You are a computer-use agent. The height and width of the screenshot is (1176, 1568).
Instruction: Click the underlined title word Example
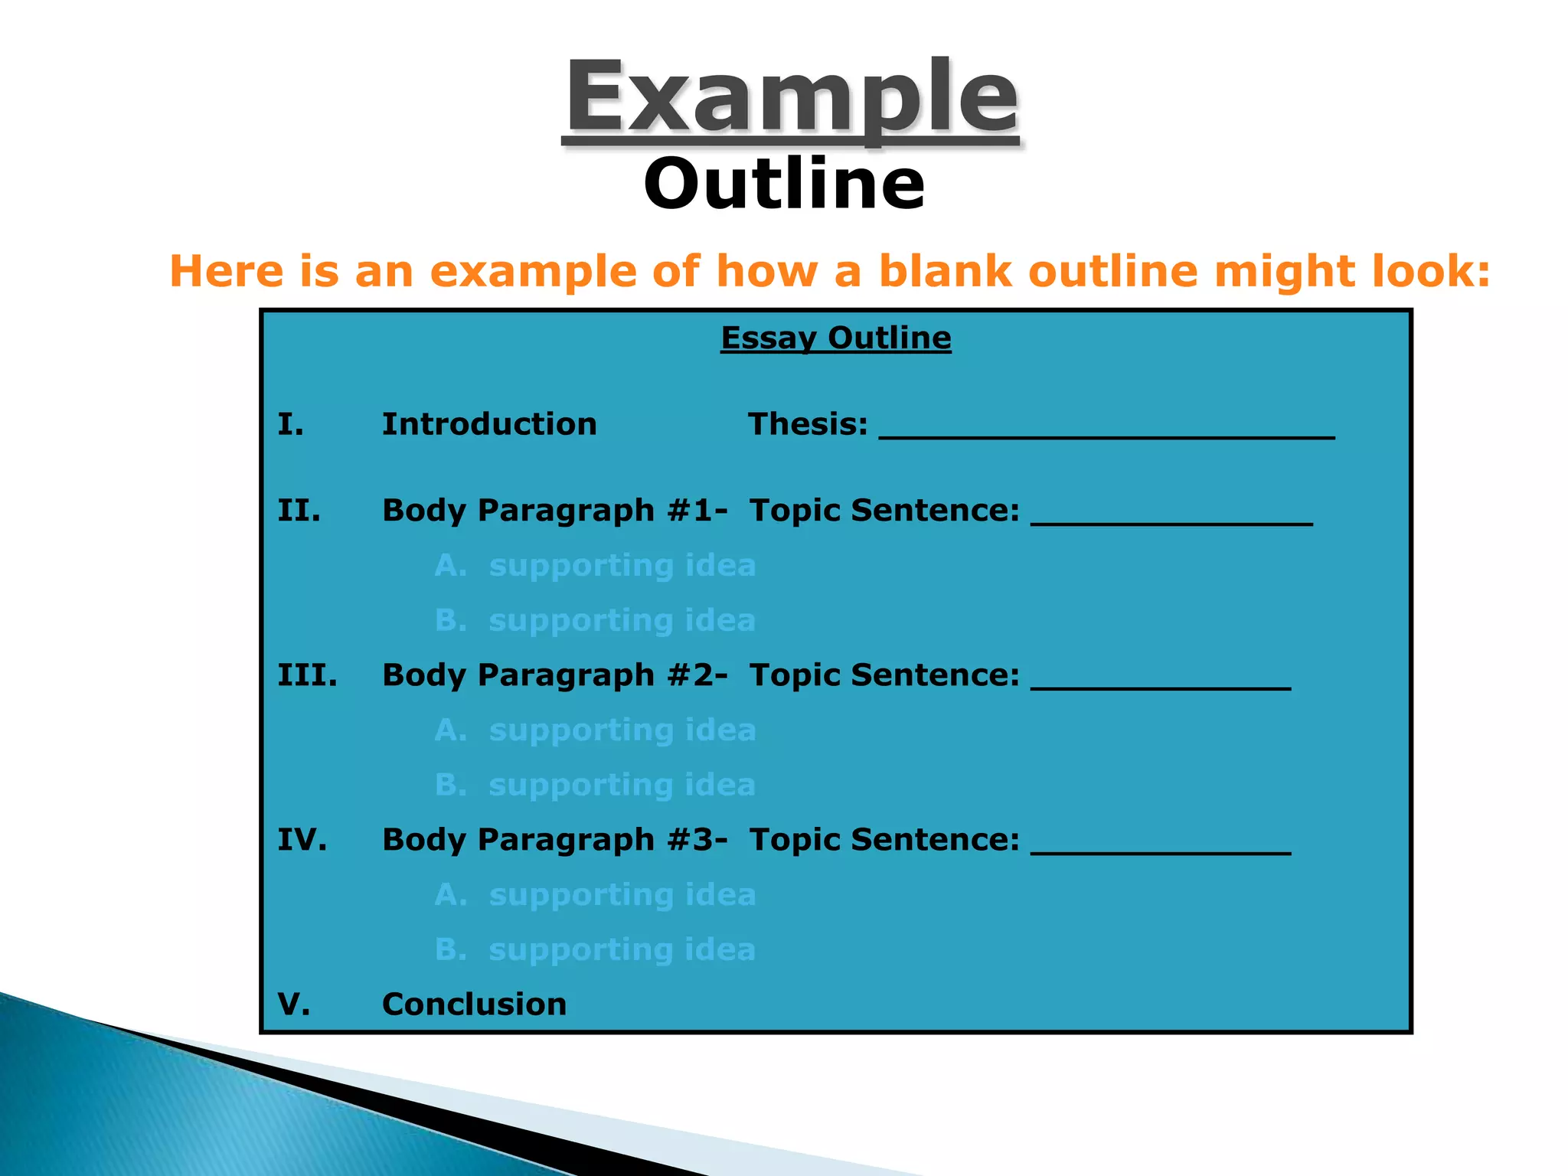791,100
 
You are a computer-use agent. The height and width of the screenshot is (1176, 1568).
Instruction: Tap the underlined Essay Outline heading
835,338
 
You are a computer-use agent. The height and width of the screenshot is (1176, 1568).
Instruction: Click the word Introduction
489,424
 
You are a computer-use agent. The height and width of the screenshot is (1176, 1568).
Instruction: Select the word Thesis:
808,424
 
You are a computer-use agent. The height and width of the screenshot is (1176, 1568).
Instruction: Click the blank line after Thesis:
1106,433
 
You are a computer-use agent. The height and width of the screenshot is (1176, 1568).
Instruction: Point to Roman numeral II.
299,511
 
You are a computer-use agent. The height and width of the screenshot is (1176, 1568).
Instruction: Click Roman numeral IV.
302,840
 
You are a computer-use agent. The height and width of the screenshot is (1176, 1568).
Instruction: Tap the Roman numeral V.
294,1004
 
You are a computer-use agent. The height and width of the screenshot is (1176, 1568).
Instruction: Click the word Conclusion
474,1004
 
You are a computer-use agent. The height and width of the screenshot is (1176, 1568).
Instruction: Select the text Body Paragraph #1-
554,511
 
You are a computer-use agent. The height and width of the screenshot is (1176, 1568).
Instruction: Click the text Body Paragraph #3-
554,840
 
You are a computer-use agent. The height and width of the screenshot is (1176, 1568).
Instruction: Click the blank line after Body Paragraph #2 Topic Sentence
1160,684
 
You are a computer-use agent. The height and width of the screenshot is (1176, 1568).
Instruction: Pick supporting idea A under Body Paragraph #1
595,566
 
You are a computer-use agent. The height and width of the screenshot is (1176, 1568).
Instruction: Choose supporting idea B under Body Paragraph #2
595,786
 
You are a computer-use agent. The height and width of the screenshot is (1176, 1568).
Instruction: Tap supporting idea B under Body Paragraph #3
595,950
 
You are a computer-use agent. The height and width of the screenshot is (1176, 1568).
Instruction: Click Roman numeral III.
307,675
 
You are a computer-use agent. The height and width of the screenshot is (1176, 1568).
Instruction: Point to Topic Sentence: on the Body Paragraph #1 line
884,511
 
